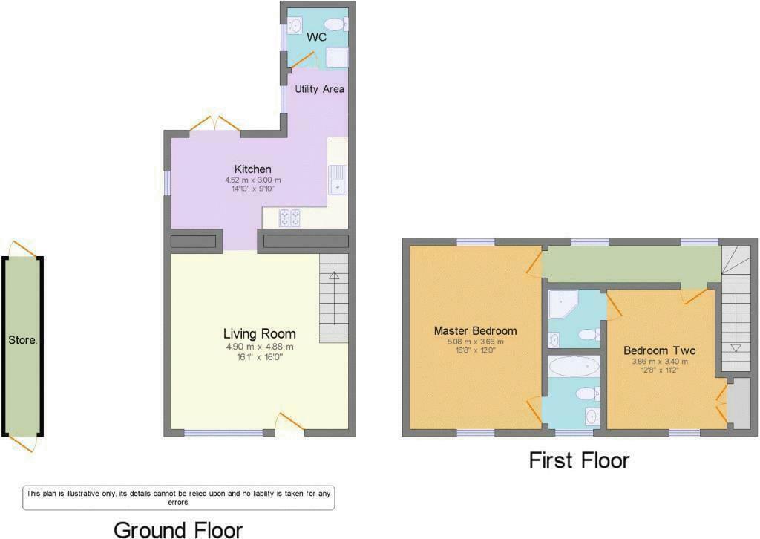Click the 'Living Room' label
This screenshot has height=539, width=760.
260,334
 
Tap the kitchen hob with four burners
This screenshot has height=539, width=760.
289,218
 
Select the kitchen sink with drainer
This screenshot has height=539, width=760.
338,178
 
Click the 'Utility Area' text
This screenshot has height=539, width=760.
319,89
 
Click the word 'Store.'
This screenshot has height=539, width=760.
23,341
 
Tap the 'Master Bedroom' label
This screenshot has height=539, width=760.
475,331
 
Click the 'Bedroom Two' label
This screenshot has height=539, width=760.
659,350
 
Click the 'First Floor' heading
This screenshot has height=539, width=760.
579,460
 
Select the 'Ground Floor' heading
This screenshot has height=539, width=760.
177,529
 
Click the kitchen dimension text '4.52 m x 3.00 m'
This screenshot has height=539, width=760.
252,180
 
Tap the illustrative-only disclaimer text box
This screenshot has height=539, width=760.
183,497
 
